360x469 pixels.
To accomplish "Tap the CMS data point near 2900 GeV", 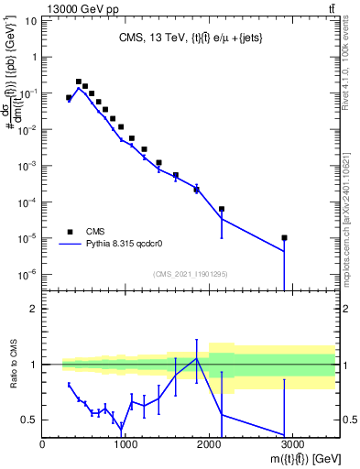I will tap(285, 238).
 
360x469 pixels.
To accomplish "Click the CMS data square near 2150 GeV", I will tap(222, 209).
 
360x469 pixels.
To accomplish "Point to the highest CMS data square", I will tap(79, 82).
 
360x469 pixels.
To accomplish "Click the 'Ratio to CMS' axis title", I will tap(12, 364).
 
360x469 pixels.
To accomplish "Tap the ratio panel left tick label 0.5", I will tap(28, 420).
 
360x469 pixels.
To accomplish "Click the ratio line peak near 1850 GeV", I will tap(196, 357).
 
